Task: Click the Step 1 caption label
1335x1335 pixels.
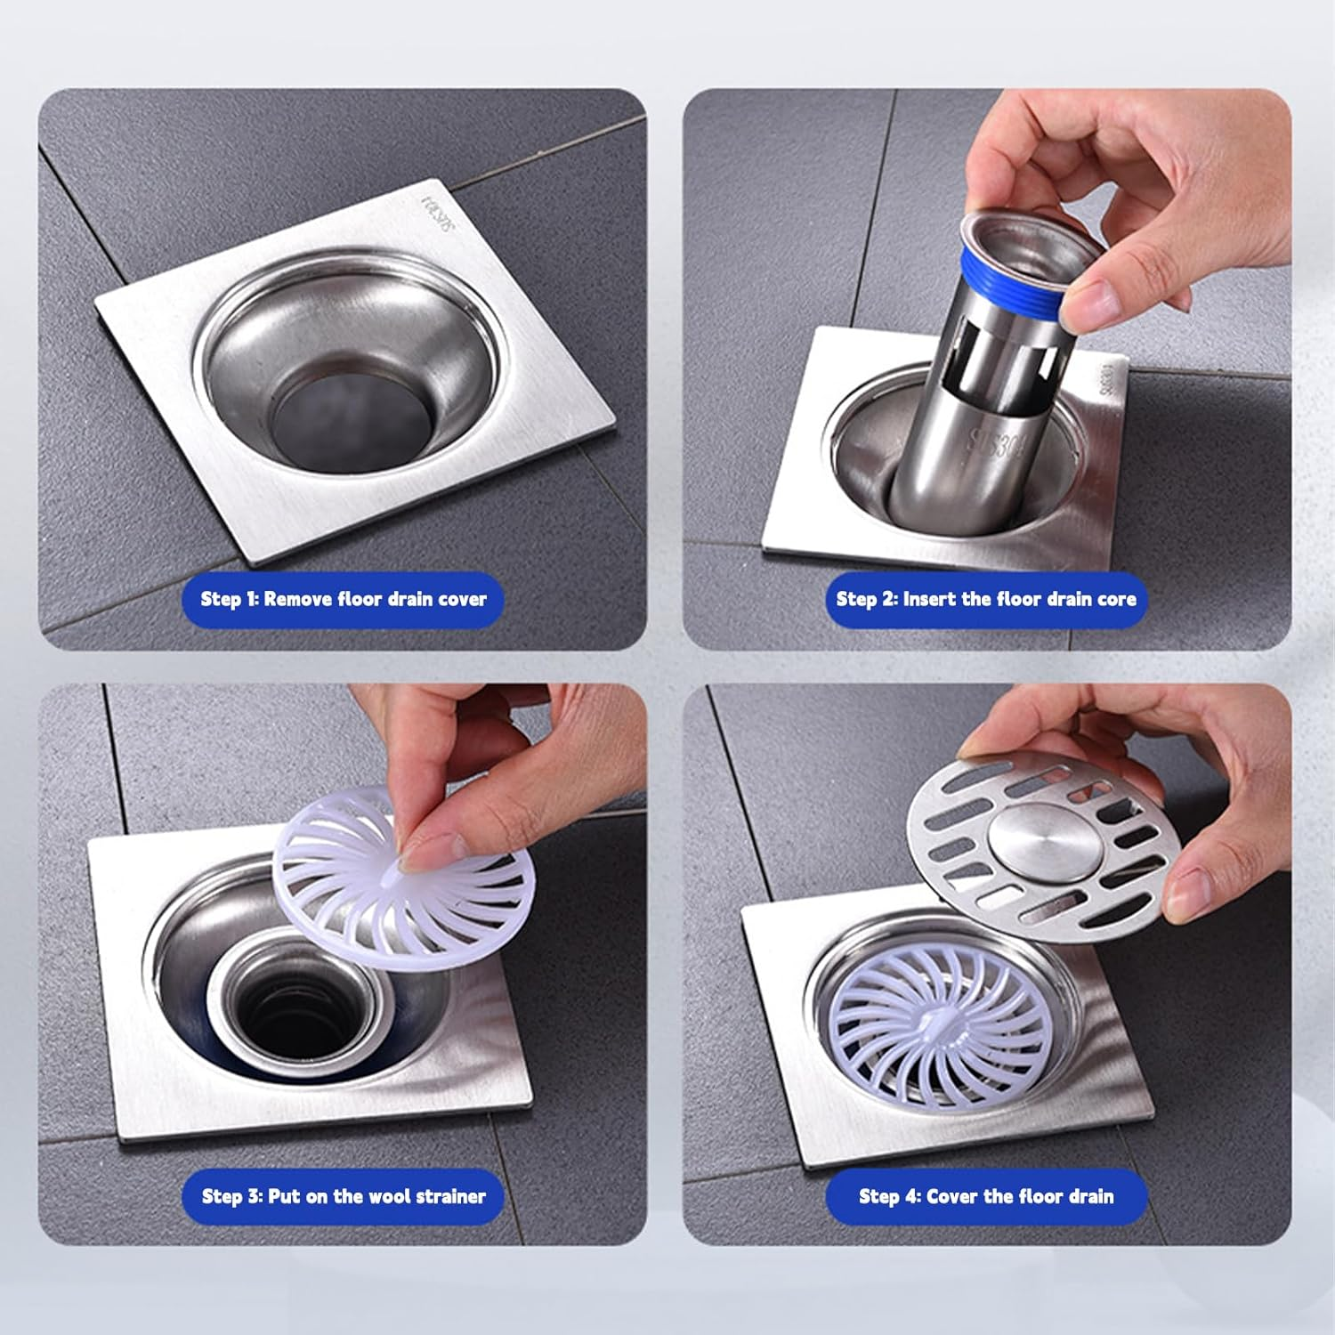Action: pos(344,599)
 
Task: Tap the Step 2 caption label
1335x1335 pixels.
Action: pos(985,599)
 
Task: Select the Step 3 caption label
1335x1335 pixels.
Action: pos(344,1196)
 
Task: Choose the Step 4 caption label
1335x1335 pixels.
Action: pos(985,1196)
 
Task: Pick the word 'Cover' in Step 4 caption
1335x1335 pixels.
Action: pos(952,1196)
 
